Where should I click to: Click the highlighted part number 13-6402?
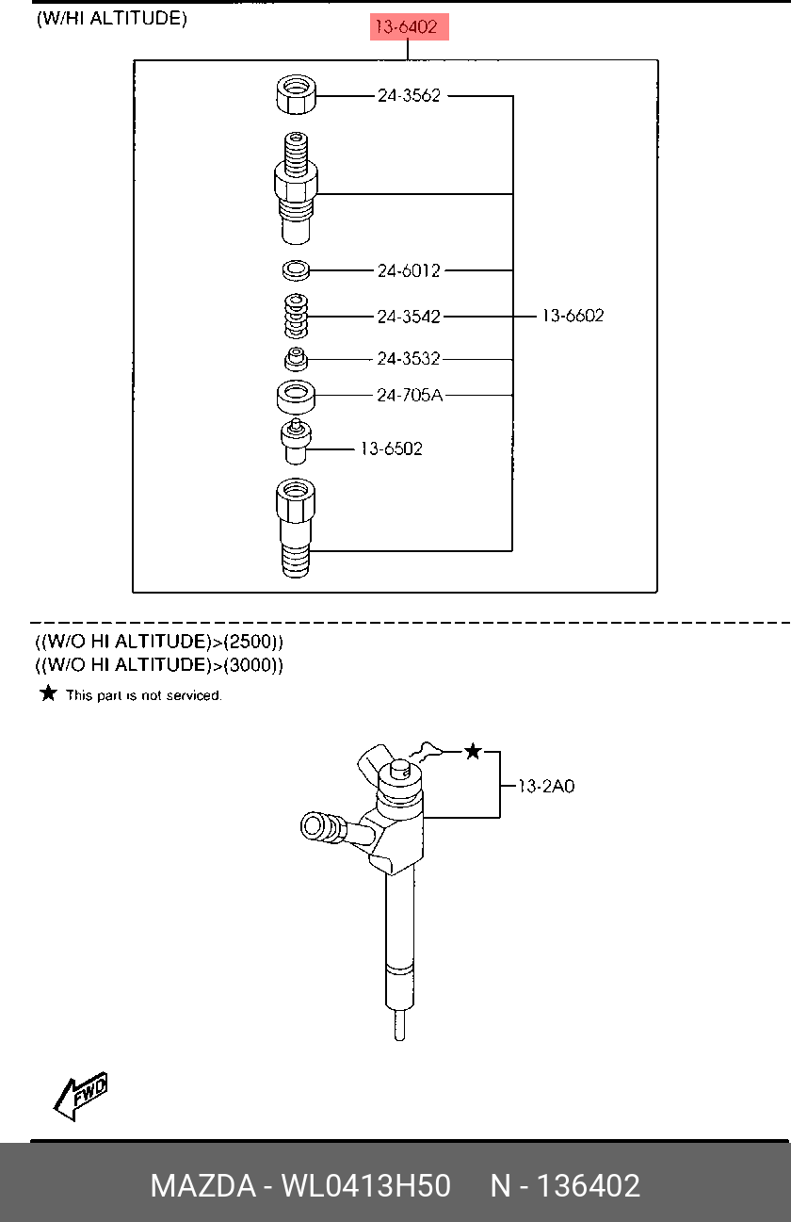[x=410, y=26]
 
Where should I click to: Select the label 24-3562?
[x=409, y=95]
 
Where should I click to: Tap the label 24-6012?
[x=409, y=270]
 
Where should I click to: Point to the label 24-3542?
[x=409, y=317]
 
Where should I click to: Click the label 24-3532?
[x=409, y=358]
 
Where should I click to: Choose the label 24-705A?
[x=410, y=395]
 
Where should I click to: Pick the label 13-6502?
[x=392, y=449]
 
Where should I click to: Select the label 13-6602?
[x=573, y=316]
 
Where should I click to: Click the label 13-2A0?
[x=545, y=786]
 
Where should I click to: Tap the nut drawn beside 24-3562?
[x=296, y=94]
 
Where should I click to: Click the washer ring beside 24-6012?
[x=296, y=270]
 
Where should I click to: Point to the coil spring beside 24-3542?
[x=296, y=317]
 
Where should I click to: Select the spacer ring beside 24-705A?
[x=296, y=397]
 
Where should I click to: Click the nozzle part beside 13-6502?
[x=296, y=442]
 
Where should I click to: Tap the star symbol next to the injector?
[x=473, y=752]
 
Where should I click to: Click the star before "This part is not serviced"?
[x=49, y=693]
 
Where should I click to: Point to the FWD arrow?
[x=81, y=1096]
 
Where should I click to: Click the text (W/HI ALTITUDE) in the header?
[x=112, y=19]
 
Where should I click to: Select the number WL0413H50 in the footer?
[x=365, y=1185]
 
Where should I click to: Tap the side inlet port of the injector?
[x=323, y=826]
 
